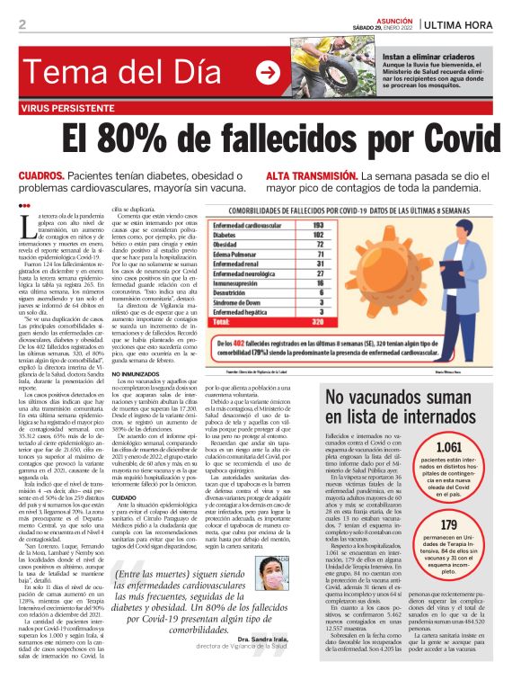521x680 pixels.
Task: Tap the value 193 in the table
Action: coord(366,225)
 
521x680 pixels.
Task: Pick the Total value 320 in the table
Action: coord(366,318)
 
